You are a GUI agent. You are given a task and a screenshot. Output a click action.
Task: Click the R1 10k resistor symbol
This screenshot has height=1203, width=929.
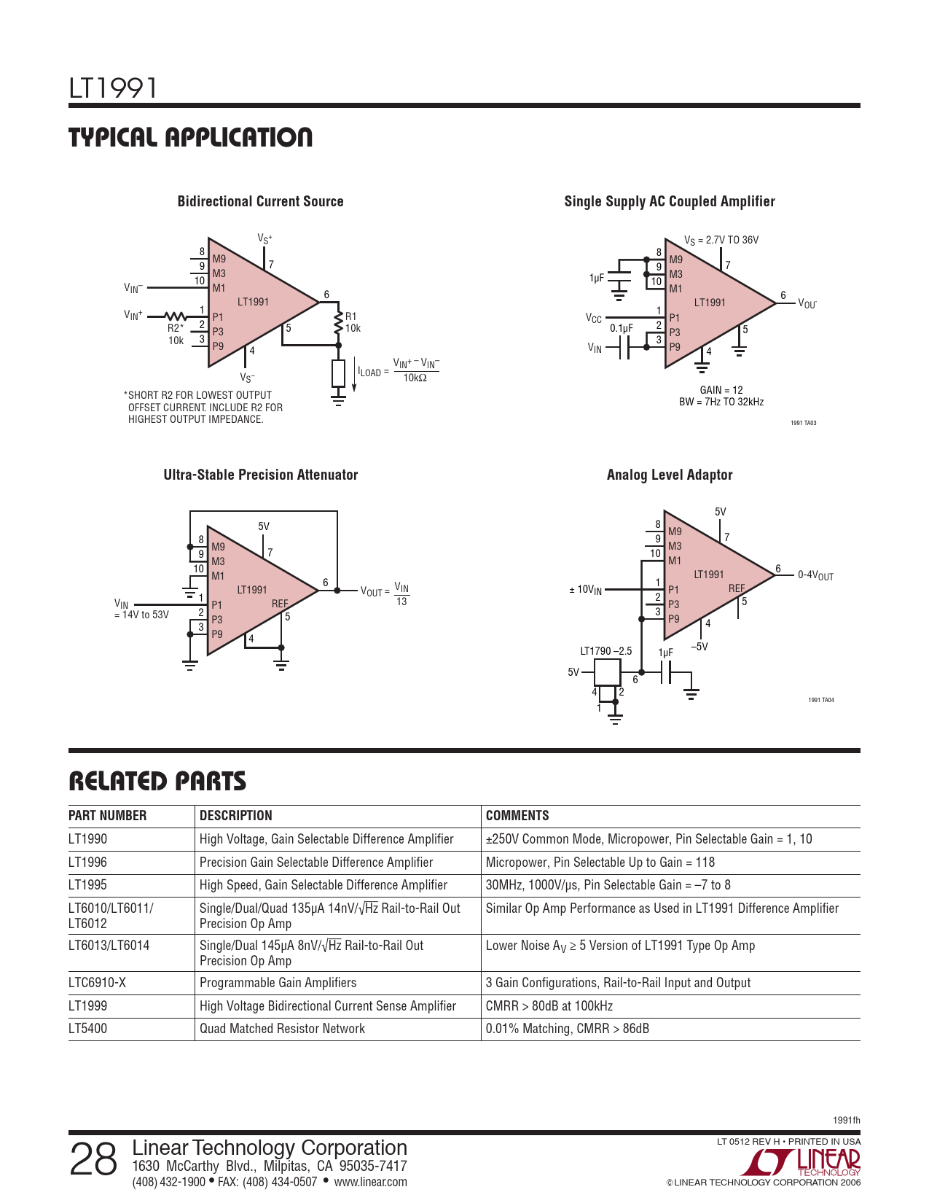[339, 323]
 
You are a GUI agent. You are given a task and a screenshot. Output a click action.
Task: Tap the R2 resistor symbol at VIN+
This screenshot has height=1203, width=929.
[176, 316]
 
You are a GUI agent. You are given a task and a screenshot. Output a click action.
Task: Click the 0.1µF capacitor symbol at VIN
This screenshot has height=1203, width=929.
[624, 348]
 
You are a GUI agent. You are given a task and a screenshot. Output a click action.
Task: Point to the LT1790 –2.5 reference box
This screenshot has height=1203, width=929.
[607, 672]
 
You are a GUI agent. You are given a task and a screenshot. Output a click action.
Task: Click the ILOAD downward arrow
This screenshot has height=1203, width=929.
[354, 376]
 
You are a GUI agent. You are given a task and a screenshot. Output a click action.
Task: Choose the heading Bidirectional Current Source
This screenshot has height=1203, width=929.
[260, 201]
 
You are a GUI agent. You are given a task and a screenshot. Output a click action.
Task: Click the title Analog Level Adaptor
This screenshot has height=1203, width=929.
[670, 475]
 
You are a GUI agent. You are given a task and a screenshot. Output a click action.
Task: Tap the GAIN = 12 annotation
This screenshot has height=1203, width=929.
[721, 390]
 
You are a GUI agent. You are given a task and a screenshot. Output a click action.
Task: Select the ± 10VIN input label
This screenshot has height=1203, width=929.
[585, 590]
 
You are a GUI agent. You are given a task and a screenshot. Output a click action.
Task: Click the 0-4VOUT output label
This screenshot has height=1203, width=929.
[815, 575]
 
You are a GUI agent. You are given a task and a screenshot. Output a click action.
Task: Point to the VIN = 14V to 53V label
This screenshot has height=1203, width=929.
[141, 609]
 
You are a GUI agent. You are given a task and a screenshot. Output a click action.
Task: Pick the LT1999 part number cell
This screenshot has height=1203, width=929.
[88, 1006]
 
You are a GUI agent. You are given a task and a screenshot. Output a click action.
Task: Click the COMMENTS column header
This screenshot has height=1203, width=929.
[517, 815]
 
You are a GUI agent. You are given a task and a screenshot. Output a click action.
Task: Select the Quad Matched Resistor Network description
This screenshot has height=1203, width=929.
[282, 1029]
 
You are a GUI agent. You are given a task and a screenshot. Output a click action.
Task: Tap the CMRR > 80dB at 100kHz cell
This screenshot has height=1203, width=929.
[549, 1006]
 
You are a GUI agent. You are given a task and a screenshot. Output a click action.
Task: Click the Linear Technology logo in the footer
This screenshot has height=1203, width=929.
[800, 1162]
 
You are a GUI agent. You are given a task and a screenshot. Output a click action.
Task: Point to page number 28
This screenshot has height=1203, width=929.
[93, 1159]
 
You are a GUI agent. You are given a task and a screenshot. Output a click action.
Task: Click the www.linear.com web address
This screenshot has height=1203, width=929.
[370, 1182]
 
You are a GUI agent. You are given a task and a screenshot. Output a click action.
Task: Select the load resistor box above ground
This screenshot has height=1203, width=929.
[339, 373]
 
